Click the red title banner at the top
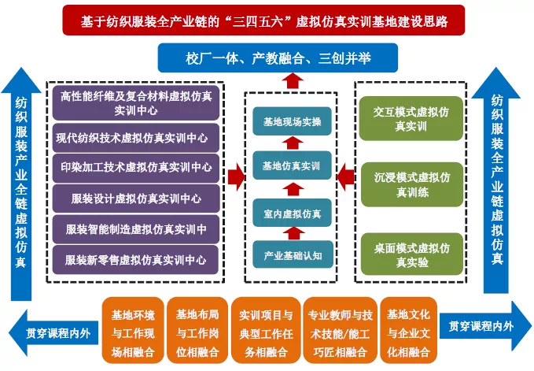[263, 20]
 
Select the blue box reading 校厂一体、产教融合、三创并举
[278, 58]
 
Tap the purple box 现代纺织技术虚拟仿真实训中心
[135, 138]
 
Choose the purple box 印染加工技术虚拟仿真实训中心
[135, 168]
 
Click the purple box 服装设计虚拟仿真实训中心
[135, 198]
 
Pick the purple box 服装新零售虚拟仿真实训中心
[135, 260]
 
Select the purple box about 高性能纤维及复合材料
[135, 102]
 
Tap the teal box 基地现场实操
[292, 121]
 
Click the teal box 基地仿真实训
[292, 165]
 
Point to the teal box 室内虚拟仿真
[292, 213]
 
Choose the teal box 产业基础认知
[293, 254]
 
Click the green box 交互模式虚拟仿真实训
[411, 119]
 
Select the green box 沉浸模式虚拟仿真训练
[412, 184]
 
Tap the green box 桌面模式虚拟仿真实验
[412, 254]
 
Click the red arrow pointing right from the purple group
[237, 177]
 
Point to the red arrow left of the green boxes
[345, 177]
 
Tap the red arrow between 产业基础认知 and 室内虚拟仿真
[293, 234]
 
